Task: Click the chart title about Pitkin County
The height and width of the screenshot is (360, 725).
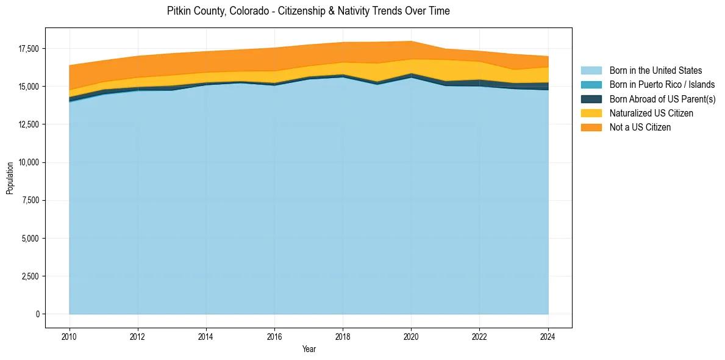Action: coord(308,11)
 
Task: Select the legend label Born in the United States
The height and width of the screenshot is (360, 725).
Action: coord(655,71)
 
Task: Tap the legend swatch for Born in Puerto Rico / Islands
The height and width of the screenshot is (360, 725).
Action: coord(591,85)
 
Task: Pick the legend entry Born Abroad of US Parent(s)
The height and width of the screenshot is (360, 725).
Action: coord(662,99)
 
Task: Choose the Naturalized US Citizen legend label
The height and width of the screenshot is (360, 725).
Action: coord(651,113)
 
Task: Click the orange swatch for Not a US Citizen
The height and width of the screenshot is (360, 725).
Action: coord(591,127)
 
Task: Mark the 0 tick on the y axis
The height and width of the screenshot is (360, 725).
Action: coord(37,314)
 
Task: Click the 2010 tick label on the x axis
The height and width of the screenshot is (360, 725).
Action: coord(70,336)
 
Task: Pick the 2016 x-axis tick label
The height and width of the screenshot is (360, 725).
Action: coord(274,336)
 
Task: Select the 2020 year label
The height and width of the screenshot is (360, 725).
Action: coord(412,336)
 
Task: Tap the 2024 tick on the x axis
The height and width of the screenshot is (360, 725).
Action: coord(548,336)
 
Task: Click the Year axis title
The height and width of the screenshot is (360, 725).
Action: coord(309,349)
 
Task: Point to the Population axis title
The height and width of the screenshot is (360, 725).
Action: coord(10,178)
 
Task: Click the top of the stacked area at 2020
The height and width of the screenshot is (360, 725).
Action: coord(412,41)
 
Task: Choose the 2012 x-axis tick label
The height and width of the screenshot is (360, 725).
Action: coord(138,336)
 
